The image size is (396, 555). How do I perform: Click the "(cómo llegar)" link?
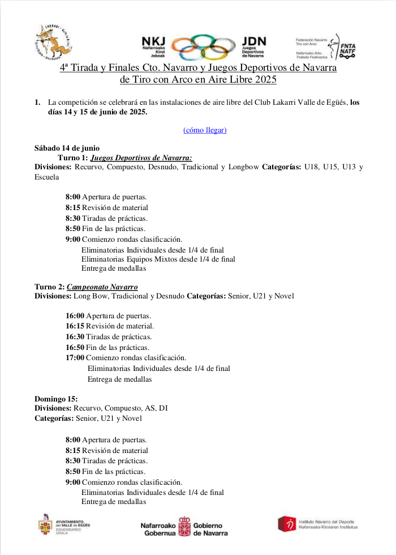[x=205, y=130]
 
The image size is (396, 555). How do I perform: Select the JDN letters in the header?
[x=253, y=41]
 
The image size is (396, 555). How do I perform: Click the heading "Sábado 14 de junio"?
[x=67, y=148]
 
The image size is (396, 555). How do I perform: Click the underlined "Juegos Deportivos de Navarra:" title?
[x=141, y=158]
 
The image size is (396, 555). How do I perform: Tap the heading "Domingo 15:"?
[x=56, y=399]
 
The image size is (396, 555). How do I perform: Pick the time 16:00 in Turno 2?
[x=75, y=315]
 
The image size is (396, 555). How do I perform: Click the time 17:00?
[x=75, y=357]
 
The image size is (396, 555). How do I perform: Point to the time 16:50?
[x=75, y=347]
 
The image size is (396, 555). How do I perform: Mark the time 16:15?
[x=75, y=326]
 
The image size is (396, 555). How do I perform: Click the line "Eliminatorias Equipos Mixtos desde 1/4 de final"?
[x=158, y=259]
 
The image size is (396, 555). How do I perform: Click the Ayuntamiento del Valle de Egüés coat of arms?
[x=46, y=524]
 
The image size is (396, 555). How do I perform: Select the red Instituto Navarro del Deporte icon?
[x=287, y=524]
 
